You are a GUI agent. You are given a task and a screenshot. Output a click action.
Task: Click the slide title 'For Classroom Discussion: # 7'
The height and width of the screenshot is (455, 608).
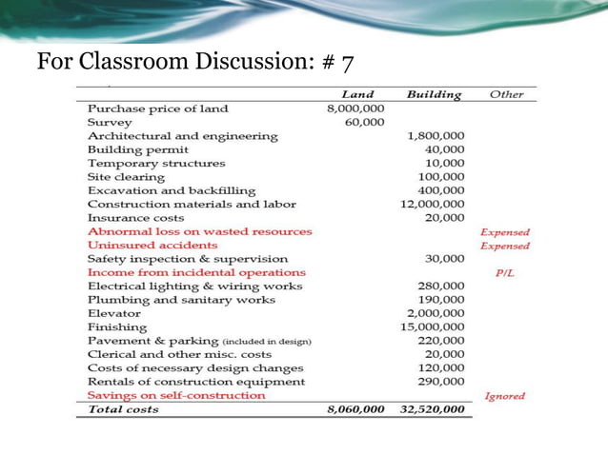tap(195, 64)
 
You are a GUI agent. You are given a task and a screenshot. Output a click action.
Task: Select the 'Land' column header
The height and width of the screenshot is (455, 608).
tap(357, 95)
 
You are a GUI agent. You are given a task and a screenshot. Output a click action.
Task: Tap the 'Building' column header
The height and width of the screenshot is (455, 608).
tap(434, 95)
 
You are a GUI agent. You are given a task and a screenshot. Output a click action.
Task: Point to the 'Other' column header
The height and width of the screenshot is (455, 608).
tap(505, 95)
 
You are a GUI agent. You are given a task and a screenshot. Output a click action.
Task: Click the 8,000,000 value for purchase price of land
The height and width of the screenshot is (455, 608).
tap(355, 109)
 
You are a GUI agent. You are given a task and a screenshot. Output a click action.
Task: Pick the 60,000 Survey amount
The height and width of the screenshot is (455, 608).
tap(365, 123)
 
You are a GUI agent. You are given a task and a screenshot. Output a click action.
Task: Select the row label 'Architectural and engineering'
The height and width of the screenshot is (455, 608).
tap(182, 136)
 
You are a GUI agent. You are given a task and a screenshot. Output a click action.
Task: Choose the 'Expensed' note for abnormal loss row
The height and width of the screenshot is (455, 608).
tap(505, 232)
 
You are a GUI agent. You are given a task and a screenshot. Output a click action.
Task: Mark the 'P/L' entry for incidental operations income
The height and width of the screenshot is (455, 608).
tap(505, 273)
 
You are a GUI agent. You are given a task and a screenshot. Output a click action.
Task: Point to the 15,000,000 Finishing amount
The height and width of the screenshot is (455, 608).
tap(433, 327)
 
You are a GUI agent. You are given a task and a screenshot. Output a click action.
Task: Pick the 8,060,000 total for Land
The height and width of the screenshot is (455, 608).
tap(353, 410)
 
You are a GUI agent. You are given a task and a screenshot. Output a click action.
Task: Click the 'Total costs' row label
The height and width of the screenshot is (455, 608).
tap(124, 410)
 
